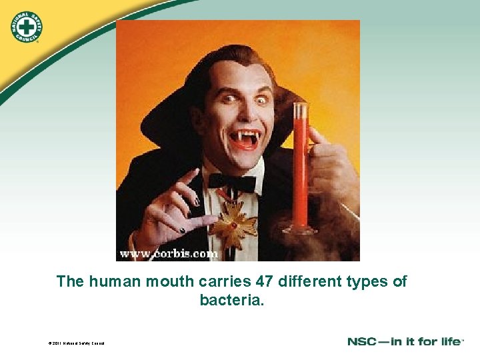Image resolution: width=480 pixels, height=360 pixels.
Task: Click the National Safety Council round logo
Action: click(26, 26)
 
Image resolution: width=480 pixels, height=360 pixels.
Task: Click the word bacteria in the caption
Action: click(232, 301)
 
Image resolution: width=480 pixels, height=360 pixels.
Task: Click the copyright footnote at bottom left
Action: click(76, 343)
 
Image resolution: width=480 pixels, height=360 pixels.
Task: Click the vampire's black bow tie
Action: click(232, 182)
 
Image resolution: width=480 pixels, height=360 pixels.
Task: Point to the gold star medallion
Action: click(233, 223)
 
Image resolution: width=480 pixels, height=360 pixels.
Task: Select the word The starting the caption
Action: click(71, 281)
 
